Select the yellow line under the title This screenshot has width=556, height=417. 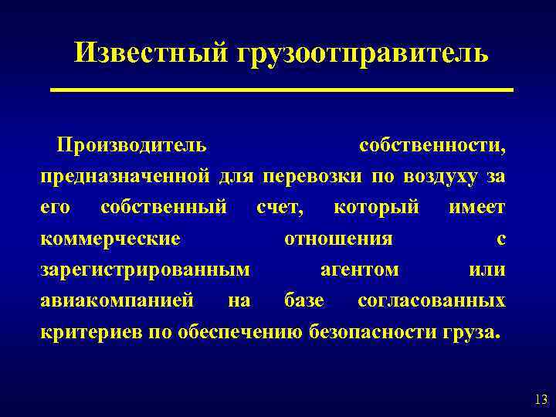coord(282,90)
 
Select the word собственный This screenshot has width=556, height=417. coord(164,208)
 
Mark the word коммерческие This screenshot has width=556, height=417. coord(110,239)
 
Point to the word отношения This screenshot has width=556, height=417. coord(338,239)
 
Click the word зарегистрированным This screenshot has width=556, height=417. coord(145,270)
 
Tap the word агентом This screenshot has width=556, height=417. coord(360,270)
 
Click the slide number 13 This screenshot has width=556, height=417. coord(541,399)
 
